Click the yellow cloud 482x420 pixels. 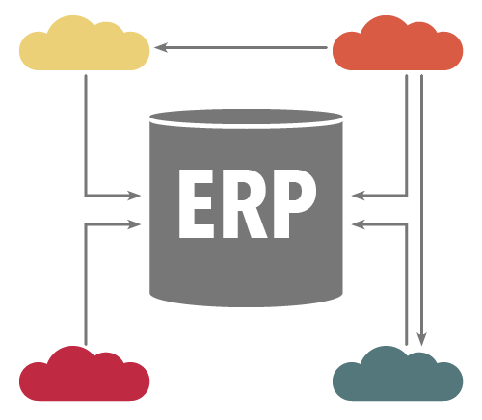pos(84,46)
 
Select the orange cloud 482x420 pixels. pos(397,46)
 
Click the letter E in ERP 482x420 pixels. pos(197,203)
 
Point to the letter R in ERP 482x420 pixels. pos(245,203)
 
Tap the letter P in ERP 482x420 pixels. pos(295,203)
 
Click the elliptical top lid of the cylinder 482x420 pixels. pos(246,117)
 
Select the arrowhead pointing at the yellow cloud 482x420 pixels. pos(161,47)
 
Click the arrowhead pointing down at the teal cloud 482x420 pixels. pos(421,339)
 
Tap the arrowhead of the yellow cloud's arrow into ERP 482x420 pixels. pos(134,196)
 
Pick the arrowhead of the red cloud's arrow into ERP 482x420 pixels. pos(134,224)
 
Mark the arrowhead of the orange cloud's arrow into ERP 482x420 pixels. pos(359,196)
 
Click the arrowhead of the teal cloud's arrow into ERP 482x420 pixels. pos(359,224)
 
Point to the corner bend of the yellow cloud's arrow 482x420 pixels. pos(86,195)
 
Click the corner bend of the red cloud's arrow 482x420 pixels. pos(86,224)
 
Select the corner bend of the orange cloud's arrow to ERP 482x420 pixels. pos(407,195)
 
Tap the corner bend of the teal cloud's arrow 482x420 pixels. pos(407,224)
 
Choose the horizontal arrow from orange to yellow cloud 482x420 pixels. pos(241,47)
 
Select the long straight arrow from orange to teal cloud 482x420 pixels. pos(421,210)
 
